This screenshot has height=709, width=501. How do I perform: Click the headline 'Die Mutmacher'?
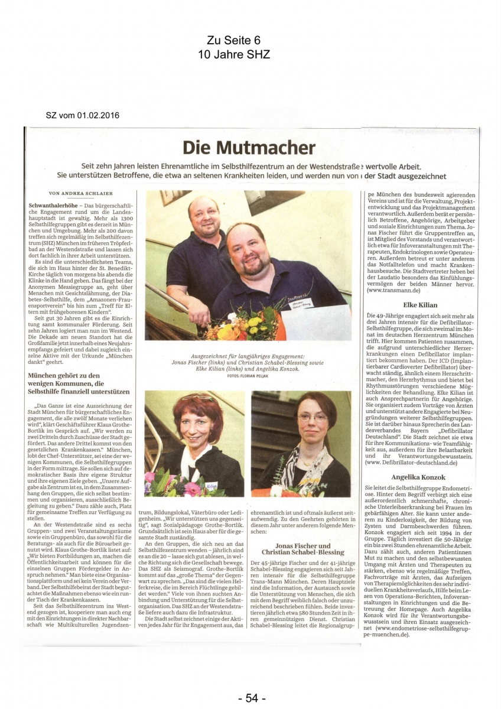pos(249,147)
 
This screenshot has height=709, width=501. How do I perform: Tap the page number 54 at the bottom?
pos(251,698)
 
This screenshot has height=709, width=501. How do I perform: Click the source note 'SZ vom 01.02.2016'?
pos(82,115)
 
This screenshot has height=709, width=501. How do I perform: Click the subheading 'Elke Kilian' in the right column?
pos(419,305)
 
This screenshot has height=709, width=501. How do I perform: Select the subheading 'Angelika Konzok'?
pos(419,476)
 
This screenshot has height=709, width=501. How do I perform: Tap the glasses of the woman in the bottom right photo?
pos(312,417)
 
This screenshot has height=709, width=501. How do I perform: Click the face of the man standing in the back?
pos(203,217)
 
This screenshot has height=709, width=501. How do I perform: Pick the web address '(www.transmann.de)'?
pos(391,291)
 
